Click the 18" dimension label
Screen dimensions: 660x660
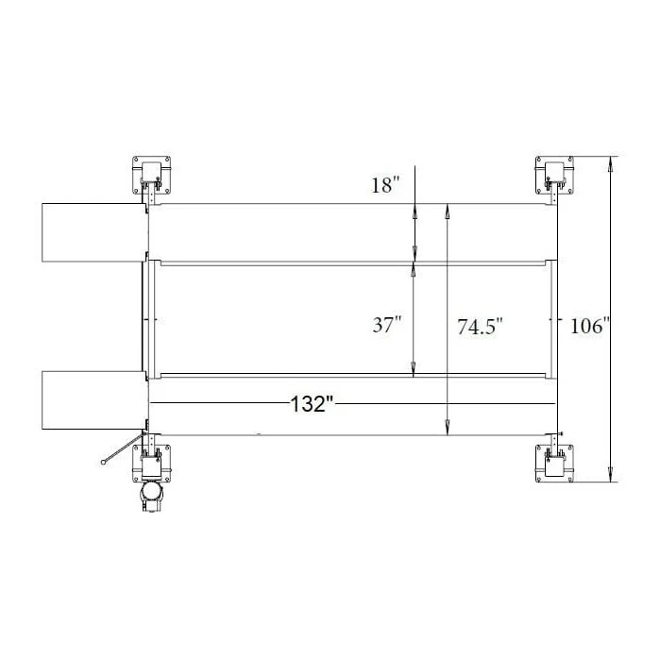(x=386, y=185)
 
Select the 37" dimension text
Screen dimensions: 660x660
(x=387, y=326)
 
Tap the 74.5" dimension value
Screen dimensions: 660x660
(x=480, y=328)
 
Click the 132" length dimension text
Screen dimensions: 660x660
(x=313, y=405)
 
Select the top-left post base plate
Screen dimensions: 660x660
(x=153, y=174)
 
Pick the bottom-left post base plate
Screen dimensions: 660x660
(x=153, y=462)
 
